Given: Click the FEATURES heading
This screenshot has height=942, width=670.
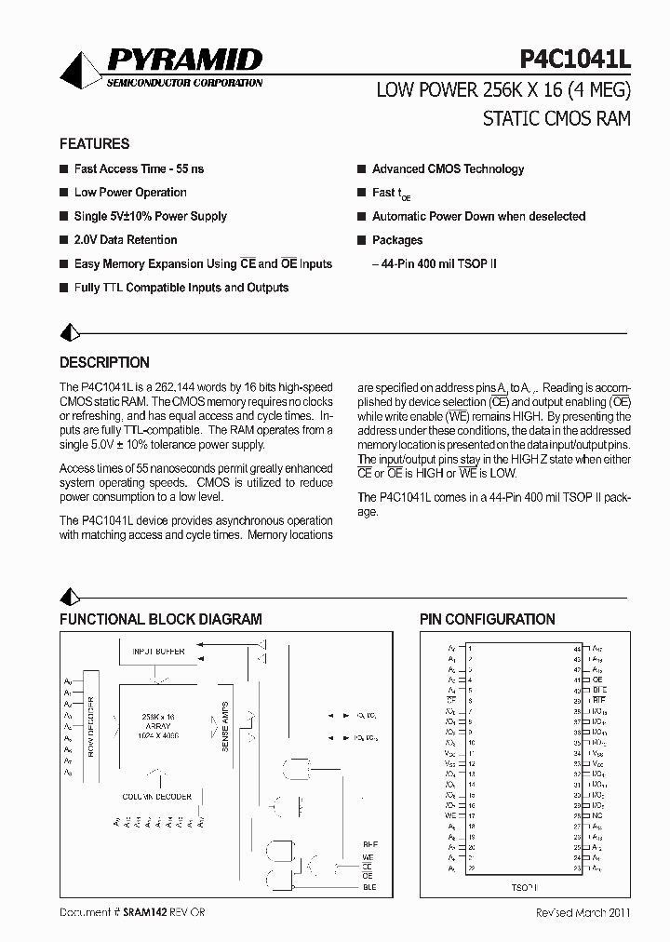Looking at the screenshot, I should tap(94, 144).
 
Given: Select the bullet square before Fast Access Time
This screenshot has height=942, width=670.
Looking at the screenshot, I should tap(63, 169).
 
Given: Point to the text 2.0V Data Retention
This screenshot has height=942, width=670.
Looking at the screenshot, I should tap(125, 240).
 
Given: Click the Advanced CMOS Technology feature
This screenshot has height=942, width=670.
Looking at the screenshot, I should tap(448, 169).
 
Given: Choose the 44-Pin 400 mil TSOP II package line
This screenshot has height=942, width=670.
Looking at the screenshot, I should tap(435, 264).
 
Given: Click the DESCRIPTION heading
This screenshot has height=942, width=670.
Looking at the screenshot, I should tap(104, 363).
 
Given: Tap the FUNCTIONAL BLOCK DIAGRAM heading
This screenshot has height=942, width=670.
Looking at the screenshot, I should tap(160, 619).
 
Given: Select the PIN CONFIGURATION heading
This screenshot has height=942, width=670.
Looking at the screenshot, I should tap(487, 619).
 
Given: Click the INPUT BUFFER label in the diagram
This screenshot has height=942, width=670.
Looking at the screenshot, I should tap(157, 652).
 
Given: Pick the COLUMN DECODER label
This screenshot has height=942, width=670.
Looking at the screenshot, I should tap(156, 797).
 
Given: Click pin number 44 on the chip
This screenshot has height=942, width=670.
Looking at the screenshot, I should tap(577, 648).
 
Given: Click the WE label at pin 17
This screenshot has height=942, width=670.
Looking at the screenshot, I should tap(450, 815).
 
